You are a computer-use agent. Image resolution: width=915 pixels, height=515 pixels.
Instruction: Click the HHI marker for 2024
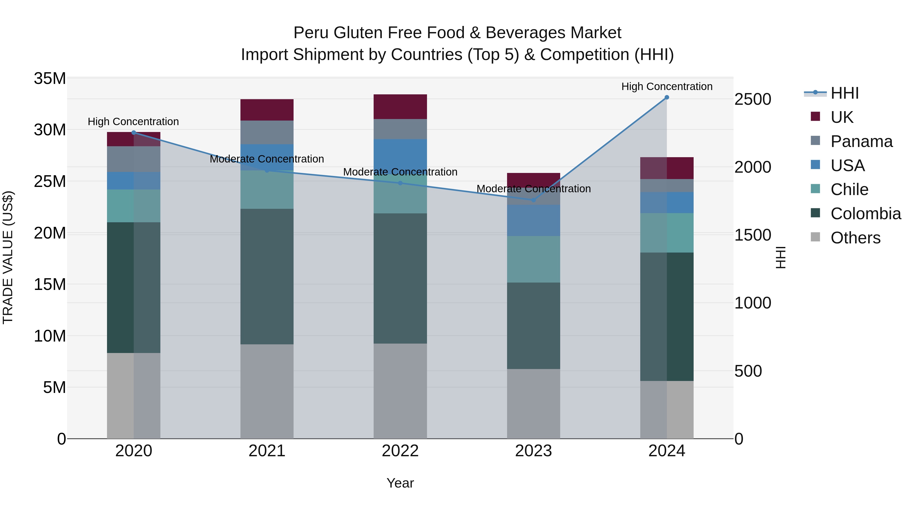pos(667,97)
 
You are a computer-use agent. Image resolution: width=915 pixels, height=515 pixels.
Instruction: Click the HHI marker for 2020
pos(133,133)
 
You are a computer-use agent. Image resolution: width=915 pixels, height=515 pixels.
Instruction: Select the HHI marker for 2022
pos(400,183)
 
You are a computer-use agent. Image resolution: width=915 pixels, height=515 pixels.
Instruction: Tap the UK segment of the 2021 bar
pos(267,110)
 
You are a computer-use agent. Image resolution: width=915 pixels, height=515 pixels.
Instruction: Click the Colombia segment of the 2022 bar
pos(400,278)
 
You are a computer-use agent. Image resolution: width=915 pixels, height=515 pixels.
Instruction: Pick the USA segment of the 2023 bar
pos(533,220)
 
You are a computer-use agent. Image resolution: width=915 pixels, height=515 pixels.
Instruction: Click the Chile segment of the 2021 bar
pos(267,189)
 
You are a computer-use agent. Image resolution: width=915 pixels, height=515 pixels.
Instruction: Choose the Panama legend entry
pos(861,141)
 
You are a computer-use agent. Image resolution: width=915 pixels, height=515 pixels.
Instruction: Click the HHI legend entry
pos(844,93)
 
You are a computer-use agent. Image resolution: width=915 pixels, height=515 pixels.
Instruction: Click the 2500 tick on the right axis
pos(753,99)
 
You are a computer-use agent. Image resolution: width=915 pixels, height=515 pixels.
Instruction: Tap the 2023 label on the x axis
pos(533,451)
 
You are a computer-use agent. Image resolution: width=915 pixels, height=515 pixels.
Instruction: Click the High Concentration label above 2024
pos(667,86)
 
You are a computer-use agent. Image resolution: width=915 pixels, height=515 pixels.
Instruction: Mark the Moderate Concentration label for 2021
pos(267,159)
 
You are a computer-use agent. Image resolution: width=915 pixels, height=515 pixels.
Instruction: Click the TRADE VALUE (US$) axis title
pos(8,257)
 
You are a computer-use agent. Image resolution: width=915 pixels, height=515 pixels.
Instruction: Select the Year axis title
pos(400,483)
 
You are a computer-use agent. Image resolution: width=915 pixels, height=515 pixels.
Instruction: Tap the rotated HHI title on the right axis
pos(780,257)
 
